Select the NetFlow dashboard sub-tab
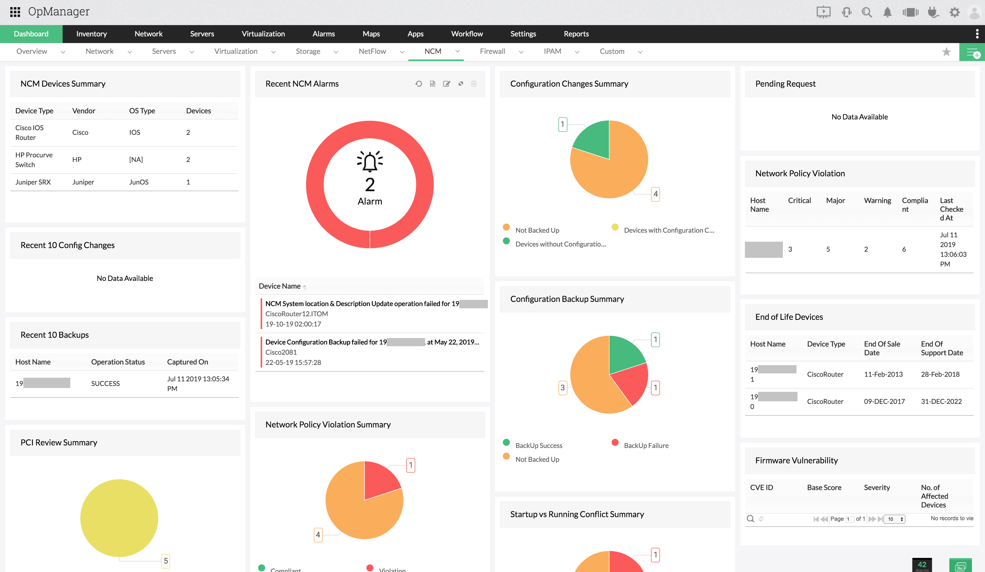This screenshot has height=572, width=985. [x=372, y=52]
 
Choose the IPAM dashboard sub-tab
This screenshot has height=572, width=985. [x=552, y=52]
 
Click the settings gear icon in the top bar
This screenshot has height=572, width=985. [x=954, y=12]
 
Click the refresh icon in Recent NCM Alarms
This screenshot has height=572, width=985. [x=419, y=84]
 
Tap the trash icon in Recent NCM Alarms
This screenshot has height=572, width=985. [x=474, y=84]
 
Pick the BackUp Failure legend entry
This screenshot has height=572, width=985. [x=646, y=445]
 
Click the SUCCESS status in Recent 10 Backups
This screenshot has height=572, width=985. [x=105, y=383]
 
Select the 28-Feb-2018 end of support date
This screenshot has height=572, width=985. [x=940, y=374]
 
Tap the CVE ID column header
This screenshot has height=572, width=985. [x=761, y=487]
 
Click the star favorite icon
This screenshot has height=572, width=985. [x=946, y=52]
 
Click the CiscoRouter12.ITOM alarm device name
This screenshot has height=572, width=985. [x=296, y=313]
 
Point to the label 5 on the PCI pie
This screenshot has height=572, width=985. [x=166, y=561]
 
